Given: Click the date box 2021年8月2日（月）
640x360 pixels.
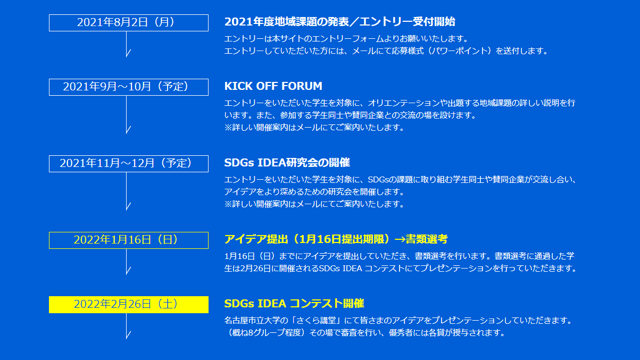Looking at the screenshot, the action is click(x=129, y=23).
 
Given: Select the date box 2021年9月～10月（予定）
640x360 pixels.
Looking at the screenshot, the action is click(x=129, y=87).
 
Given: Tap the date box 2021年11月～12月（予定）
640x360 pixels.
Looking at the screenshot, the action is click(x=129, y=164).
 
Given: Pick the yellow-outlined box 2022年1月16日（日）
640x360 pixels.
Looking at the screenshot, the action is click(x=129, y=240).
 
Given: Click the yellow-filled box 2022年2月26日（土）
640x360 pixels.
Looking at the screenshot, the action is click(x=129, y=305).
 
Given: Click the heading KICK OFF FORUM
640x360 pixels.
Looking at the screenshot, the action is click(x=273, y=86).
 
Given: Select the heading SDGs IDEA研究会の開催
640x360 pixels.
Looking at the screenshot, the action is click(x=287, y=162).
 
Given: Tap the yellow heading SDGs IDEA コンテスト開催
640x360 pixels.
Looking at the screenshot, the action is click(x=294, y=304).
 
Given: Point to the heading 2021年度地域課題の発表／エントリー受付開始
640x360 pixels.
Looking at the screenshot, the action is click(x=340, y=22).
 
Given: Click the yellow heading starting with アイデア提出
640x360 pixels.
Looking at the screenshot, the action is click(x=336, y=239).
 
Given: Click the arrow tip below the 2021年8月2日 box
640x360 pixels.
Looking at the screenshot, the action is click(x=126, y=57).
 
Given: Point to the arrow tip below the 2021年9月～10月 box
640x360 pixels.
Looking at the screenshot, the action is click(x=126, y=133).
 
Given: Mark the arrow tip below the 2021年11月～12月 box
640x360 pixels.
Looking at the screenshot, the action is click(x=126, y=210).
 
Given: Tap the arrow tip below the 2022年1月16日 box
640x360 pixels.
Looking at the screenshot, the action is click(x=126, y=274).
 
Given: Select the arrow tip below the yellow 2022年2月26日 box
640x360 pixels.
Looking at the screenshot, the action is click(x=126, y=339).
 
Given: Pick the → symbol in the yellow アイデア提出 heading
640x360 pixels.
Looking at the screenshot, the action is click(x=400, y=239).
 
